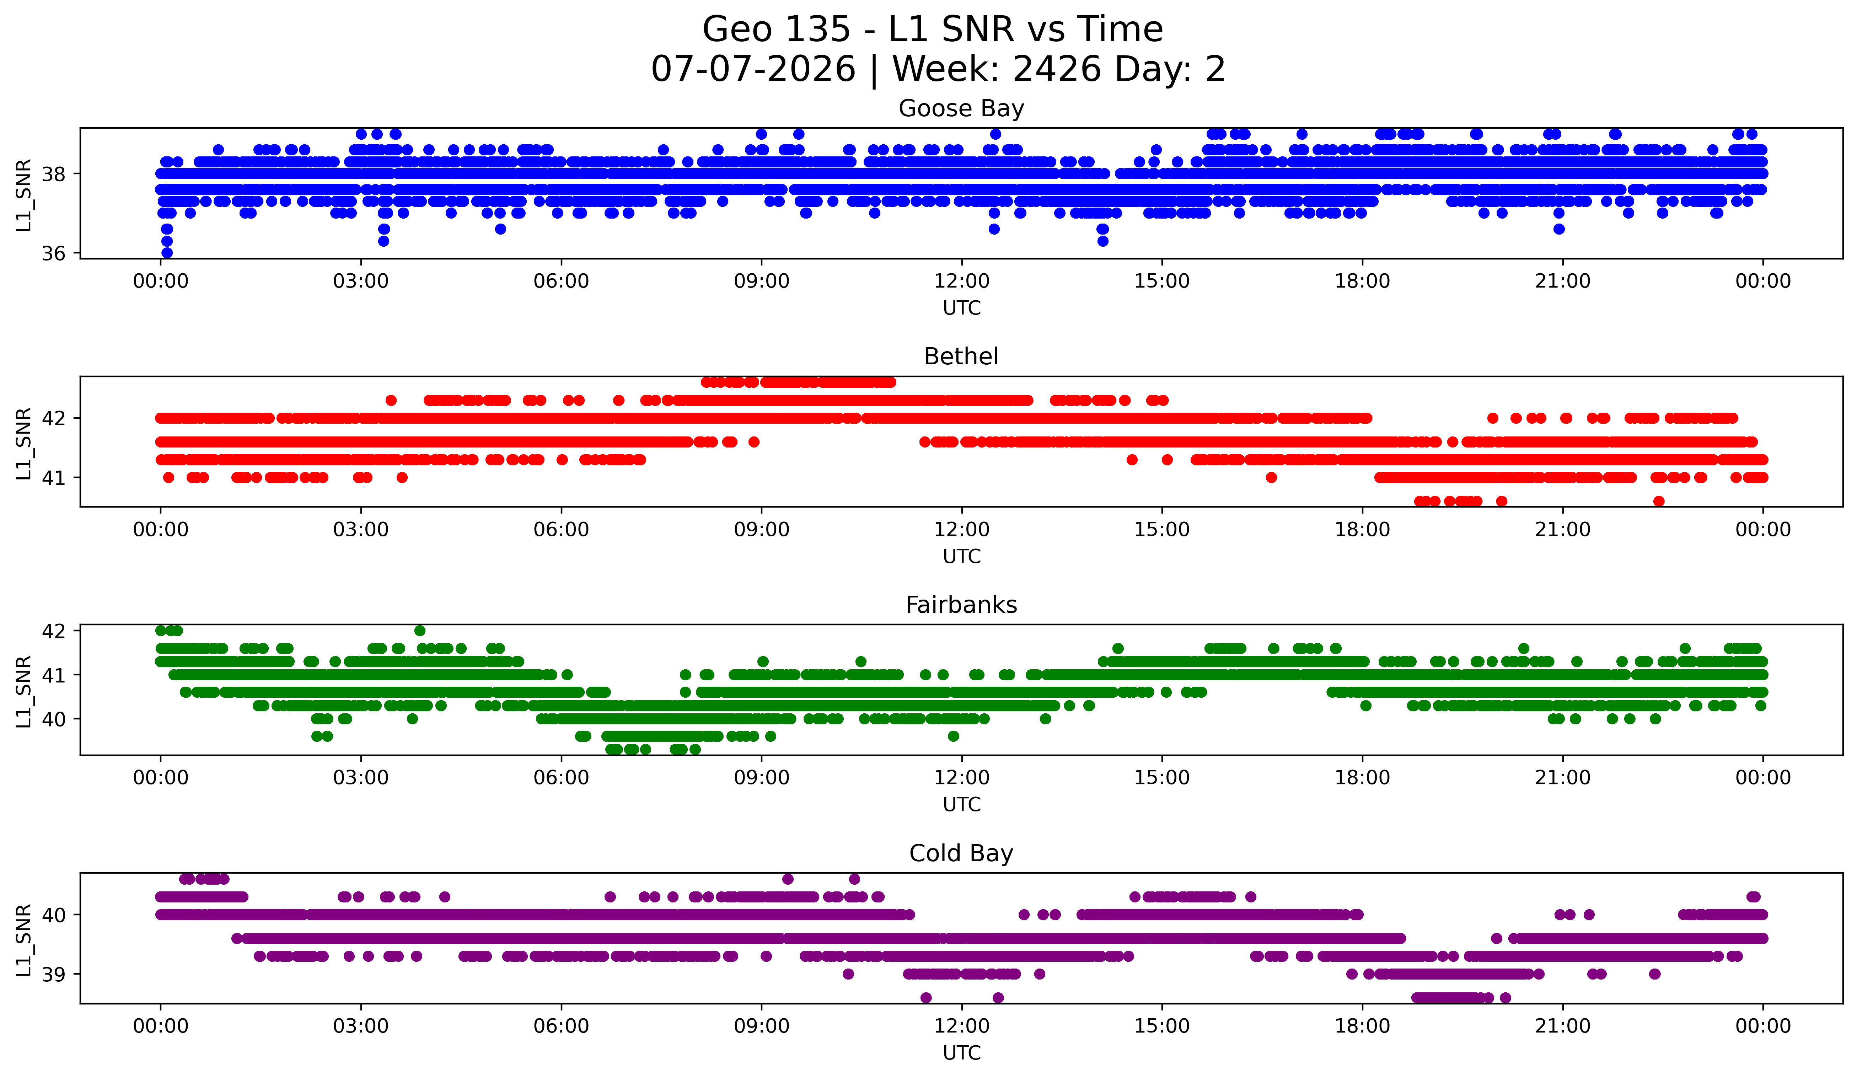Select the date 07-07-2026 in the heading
753,69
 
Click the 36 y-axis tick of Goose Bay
53,253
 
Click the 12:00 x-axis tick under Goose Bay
962,281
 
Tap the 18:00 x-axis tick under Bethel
1362,530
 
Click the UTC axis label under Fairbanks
962,805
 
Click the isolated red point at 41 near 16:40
1271,477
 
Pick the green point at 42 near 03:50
420,631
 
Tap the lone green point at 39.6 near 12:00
954,736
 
